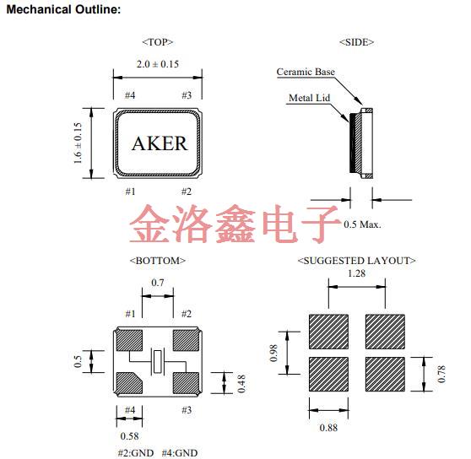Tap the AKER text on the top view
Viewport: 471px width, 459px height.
tap(160, 143)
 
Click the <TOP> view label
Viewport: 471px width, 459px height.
tap(157, 41)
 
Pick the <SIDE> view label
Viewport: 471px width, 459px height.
tap(356, 41)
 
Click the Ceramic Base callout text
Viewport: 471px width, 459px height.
tap(306, 72)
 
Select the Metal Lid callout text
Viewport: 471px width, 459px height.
tap(308, 98)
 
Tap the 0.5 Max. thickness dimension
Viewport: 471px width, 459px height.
tap(362, 224)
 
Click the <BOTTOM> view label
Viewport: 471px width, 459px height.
tap(157, 261)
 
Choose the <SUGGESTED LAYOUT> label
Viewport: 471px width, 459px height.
tap(356, 261)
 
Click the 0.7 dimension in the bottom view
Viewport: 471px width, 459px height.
tap(157, 282)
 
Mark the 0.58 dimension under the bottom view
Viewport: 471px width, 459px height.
tap(129, 436)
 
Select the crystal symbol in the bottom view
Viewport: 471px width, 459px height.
tap(157, 361)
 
